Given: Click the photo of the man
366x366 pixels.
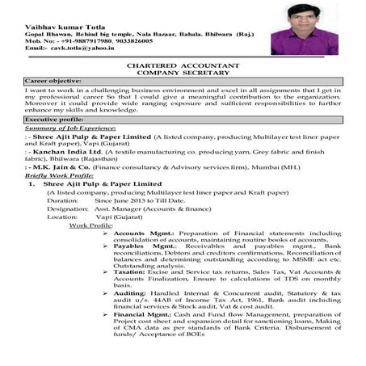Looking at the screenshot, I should (305, 29).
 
